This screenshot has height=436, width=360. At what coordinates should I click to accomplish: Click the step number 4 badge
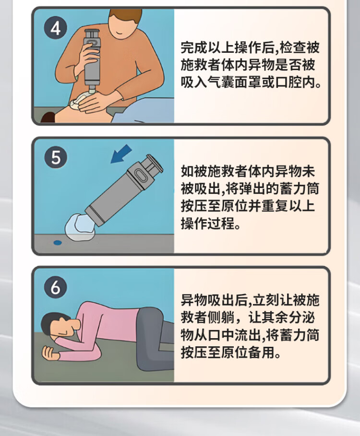55,28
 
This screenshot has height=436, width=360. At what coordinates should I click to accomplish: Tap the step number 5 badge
56,157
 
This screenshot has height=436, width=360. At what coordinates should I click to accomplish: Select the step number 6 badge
55,287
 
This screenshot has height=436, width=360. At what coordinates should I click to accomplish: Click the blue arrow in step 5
121,154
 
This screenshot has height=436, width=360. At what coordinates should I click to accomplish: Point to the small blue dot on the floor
58,243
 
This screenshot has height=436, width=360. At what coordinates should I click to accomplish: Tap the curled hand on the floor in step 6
50,353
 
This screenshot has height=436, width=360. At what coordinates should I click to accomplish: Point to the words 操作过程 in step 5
207,223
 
